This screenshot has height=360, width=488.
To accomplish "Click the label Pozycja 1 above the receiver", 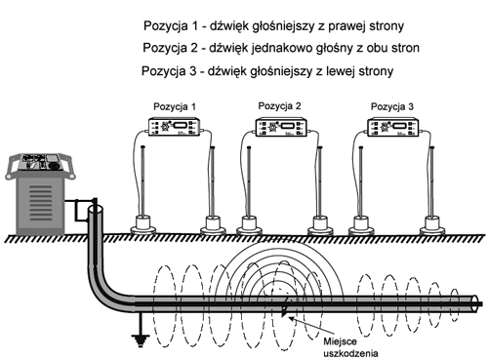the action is tap(175, 106).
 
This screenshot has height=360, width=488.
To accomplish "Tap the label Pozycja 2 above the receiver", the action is tap(279, 106).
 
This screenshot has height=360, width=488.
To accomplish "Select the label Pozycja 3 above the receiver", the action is tap(392, 106).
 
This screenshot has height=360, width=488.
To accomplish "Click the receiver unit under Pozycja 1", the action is tap(174, 127).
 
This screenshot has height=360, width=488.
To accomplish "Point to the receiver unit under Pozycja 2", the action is tap(280, 127).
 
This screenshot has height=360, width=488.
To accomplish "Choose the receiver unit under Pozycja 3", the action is tap(393, 127).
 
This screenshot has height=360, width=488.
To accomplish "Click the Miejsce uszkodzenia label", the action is tap(350, 347).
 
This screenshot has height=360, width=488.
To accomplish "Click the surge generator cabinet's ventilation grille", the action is tap(41, 203).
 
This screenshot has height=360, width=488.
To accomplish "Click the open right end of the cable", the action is tap(475, 303).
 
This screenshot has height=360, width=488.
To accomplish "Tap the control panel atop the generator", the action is tap(40, 162).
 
